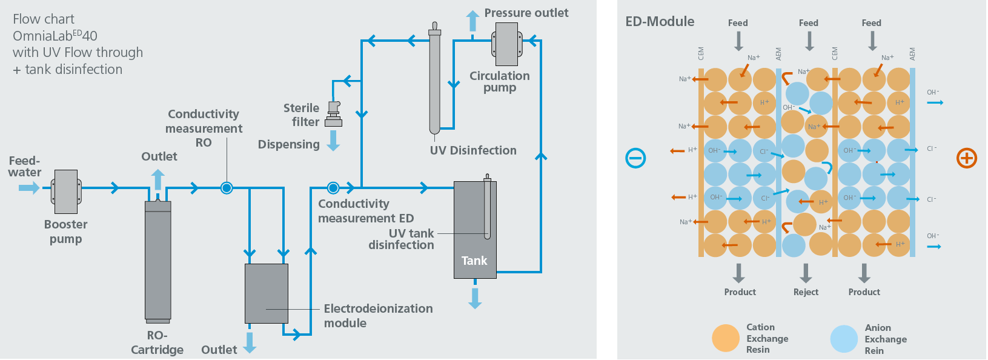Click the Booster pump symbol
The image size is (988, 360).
(x=66, y=192)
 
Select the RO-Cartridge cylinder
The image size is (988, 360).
(x=157, y=261)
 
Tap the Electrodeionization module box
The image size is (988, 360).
(x=267, y=293)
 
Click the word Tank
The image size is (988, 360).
(x=474, y=261)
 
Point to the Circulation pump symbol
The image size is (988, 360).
(x=507, y=44)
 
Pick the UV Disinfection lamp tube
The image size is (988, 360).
(x=434, y=79)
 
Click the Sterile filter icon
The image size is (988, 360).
(x=334, y=114)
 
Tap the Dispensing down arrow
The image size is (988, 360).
(x=333, y=141)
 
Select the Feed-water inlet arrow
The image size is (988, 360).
(x=28, y=188)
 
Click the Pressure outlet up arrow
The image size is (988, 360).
(x=472, y=21)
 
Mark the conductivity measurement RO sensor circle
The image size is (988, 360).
(x=227, y=188)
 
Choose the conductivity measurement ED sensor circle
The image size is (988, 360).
(x=333, y=188)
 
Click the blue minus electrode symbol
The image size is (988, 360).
(x=635, y=158)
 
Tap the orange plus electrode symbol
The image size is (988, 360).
(x=966, y=158)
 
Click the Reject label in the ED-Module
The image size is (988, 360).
(x=806, y=292)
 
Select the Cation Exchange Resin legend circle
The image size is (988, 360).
(x=726, y=338)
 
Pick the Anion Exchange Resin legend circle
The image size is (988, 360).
(x=844, y=339)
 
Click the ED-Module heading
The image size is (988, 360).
(x=660, y=22)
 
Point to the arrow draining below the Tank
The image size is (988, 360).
(x=475, y=298)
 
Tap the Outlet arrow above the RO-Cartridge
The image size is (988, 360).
(x=158, y=179)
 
